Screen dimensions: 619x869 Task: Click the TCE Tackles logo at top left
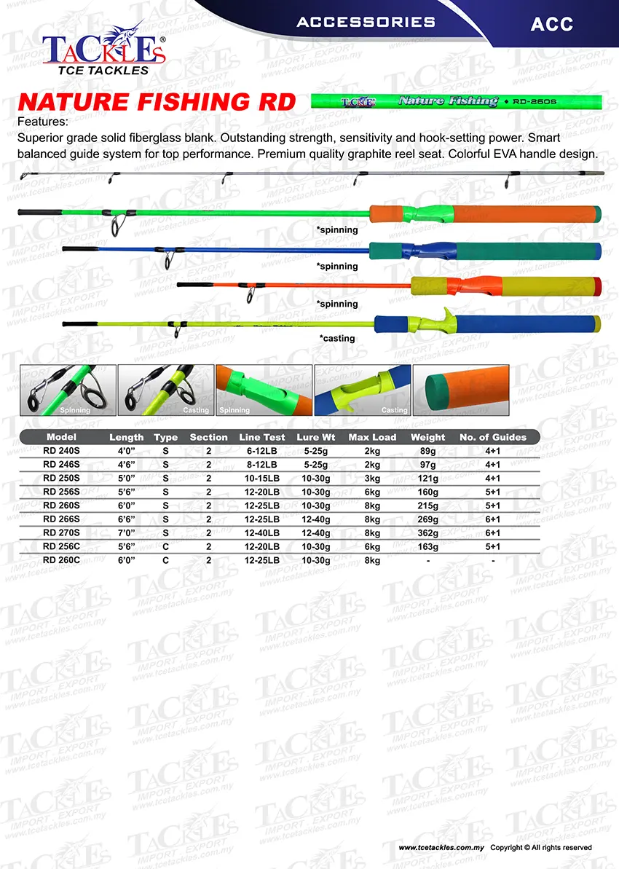coord(103,50)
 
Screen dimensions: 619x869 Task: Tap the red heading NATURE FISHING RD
coord(157,102)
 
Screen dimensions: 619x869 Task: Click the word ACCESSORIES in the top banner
coord(366,22)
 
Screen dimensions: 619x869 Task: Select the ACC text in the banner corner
coord(551,24)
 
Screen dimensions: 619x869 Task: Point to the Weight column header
coord(427,437)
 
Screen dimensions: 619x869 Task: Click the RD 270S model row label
coord(61,532)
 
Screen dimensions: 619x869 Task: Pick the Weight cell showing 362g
coord(427,532)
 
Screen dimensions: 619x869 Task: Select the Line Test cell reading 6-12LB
coord(261,451)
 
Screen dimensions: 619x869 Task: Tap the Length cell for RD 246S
coord(127,465)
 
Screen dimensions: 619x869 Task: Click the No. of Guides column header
coord(492,437)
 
